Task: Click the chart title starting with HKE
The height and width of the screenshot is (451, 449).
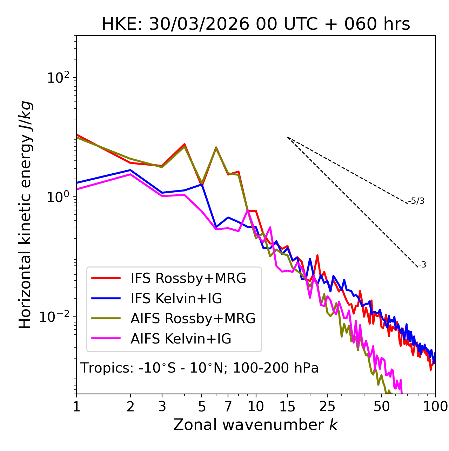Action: pos(256,25)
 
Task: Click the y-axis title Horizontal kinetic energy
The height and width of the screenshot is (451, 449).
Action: pos(26,215)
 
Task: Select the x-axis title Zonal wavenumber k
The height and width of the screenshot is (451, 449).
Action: pos(256,425)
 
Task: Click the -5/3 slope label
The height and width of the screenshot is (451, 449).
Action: pos(416,201)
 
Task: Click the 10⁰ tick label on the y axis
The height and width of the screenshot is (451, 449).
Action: pos(57,197)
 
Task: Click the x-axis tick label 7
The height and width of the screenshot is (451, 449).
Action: pos(228,407)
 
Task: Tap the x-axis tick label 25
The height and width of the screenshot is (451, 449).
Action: pos(327,407)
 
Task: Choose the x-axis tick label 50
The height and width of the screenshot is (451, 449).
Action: pos(381,407)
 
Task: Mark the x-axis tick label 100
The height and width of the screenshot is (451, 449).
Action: pos(435,407)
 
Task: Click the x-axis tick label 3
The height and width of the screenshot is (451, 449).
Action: pos(162,407)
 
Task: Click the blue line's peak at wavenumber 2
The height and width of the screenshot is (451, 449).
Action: pos(130,170)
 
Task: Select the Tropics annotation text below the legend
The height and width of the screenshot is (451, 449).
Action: pos(200,368)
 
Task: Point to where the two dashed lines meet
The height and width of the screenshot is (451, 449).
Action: pos(288,137)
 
